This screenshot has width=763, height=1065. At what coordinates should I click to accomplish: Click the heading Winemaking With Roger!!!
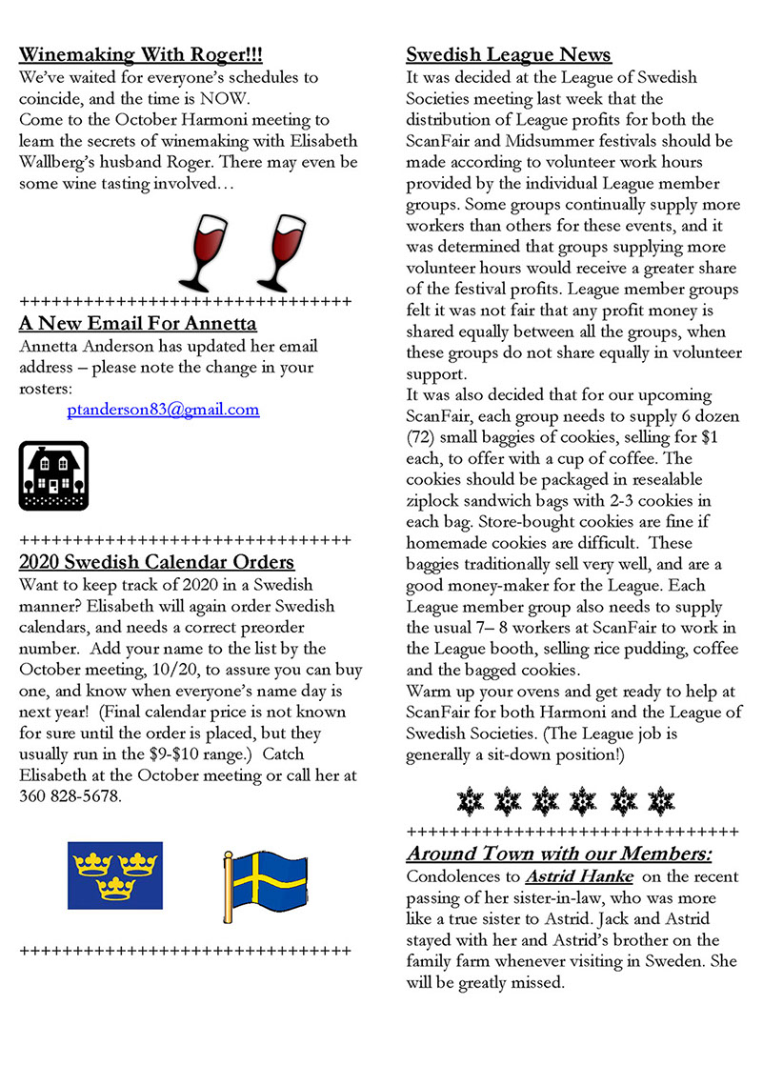[141, 53]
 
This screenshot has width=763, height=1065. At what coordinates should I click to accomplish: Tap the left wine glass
[205, 251]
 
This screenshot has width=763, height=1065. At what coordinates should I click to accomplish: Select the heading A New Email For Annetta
[138, 323]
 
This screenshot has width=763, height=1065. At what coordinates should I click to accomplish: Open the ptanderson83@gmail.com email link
[163, 410]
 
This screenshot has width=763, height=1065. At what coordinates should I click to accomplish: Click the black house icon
[53, 475]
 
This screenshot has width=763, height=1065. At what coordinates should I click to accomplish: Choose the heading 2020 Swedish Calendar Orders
[156, 562]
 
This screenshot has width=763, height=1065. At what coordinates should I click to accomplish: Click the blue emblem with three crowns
[114, 874]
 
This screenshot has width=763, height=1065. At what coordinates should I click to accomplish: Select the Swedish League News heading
[509, 54]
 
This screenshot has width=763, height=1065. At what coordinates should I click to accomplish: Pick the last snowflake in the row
[659, 800]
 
